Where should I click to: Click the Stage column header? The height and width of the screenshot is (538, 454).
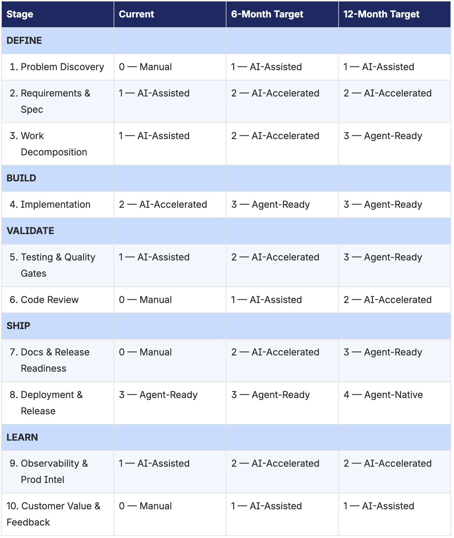20,14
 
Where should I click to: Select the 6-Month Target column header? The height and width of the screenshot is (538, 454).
267,14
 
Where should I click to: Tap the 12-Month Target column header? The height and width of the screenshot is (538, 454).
381,14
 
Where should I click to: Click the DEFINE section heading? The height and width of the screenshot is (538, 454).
24,41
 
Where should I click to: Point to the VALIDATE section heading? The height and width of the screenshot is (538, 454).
30,231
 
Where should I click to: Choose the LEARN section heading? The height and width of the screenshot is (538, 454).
22,437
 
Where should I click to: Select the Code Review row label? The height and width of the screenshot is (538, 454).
49,300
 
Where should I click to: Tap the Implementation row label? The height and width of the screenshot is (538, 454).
55,204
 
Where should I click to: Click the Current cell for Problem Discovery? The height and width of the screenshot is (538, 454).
145,67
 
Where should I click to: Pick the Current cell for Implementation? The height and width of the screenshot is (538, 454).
163,204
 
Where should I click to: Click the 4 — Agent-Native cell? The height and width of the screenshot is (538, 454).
383,395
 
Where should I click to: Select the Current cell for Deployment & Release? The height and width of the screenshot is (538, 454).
158,395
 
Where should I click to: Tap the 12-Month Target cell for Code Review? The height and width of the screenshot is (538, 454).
387,300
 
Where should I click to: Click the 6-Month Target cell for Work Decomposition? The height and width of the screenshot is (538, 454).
275,136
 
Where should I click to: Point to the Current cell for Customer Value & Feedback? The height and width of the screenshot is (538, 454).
145,506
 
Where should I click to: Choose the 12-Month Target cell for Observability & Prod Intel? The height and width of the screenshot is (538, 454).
387,463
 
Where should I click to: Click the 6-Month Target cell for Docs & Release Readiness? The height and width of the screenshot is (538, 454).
275,352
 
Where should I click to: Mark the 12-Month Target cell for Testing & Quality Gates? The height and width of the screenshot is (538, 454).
383,257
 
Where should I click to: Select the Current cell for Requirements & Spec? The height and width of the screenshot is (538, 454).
154,93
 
